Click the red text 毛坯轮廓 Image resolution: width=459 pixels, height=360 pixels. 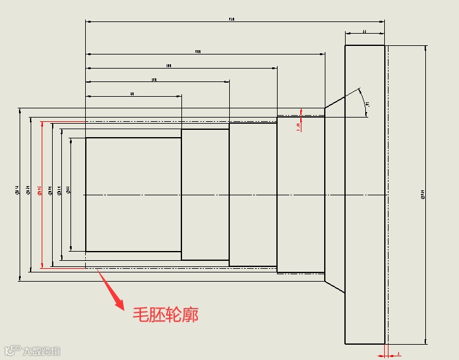pos(165,315)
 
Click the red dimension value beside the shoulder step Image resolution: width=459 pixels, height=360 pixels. pos(298,127)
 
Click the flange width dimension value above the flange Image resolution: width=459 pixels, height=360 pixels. pos(365,30)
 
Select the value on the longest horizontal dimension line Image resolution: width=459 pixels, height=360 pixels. pos(232,20)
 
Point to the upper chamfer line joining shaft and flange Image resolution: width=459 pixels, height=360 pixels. pos(335,100)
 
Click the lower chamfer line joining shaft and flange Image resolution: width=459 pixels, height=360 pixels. pos(335,288)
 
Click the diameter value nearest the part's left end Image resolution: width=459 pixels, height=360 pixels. pos(67,190)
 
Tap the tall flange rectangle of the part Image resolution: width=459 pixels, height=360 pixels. pos(365,194)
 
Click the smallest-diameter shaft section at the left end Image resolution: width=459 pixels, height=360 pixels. pos(133,194)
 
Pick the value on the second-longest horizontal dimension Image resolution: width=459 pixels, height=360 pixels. pos(198,51)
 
